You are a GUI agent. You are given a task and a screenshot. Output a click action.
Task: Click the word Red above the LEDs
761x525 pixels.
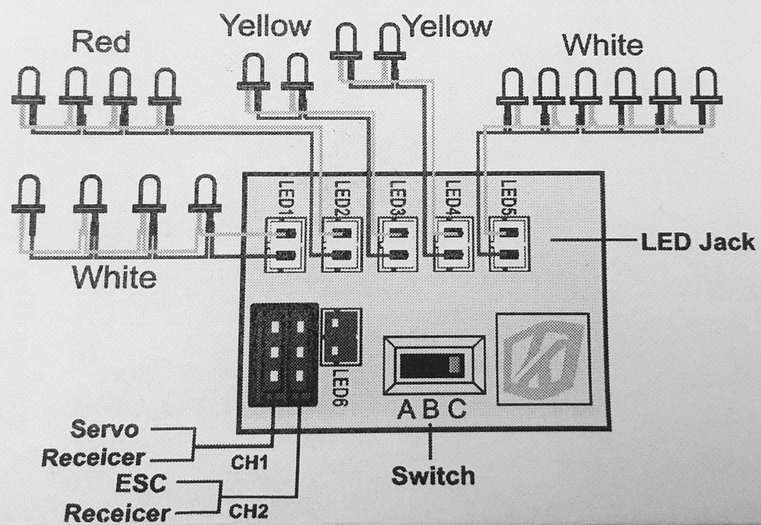[x=101, y=42]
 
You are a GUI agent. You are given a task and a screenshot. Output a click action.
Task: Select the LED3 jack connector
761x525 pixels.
[x=398, y=245]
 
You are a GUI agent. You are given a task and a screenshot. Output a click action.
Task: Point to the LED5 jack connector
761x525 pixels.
[x=509, y=245]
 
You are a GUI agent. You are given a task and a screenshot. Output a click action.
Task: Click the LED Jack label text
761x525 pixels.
[x=698, y=242]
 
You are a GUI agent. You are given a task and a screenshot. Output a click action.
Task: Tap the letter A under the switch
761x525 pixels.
[x=407, y=409]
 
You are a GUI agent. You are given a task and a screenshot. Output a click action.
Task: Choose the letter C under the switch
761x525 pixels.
[x=456, y=409]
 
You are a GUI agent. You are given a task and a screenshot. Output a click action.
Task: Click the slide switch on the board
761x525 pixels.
[x=434, y=365]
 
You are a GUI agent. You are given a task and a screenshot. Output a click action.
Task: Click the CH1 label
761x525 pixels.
[x=249, y=463]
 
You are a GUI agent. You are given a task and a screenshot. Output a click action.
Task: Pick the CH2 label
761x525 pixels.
[x=248, y=511]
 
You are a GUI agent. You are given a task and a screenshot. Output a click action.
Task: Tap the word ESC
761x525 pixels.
[x=141, y=483]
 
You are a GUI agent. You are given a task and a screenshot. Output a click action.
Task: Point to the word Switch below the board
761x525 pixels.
[x=433, y=475]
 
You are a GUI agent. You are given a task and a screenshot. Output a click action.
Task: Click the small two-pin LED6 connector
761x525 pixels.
[x=342, y=338]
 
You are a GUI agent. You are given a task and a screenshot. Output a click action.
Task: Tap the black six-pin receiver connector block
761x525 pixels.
[x=283, y=355]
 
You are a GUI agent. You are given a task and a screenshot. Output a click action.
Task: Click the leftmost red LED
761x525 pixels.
[x=29, y=97]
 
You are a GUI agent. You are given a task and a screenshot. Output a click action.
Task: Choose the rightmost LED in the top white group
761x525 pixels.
[x=705, y=97]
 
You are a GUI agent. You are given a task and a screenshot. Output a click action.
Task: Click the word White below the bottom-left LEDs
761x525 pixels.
[x=114, y=278]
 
